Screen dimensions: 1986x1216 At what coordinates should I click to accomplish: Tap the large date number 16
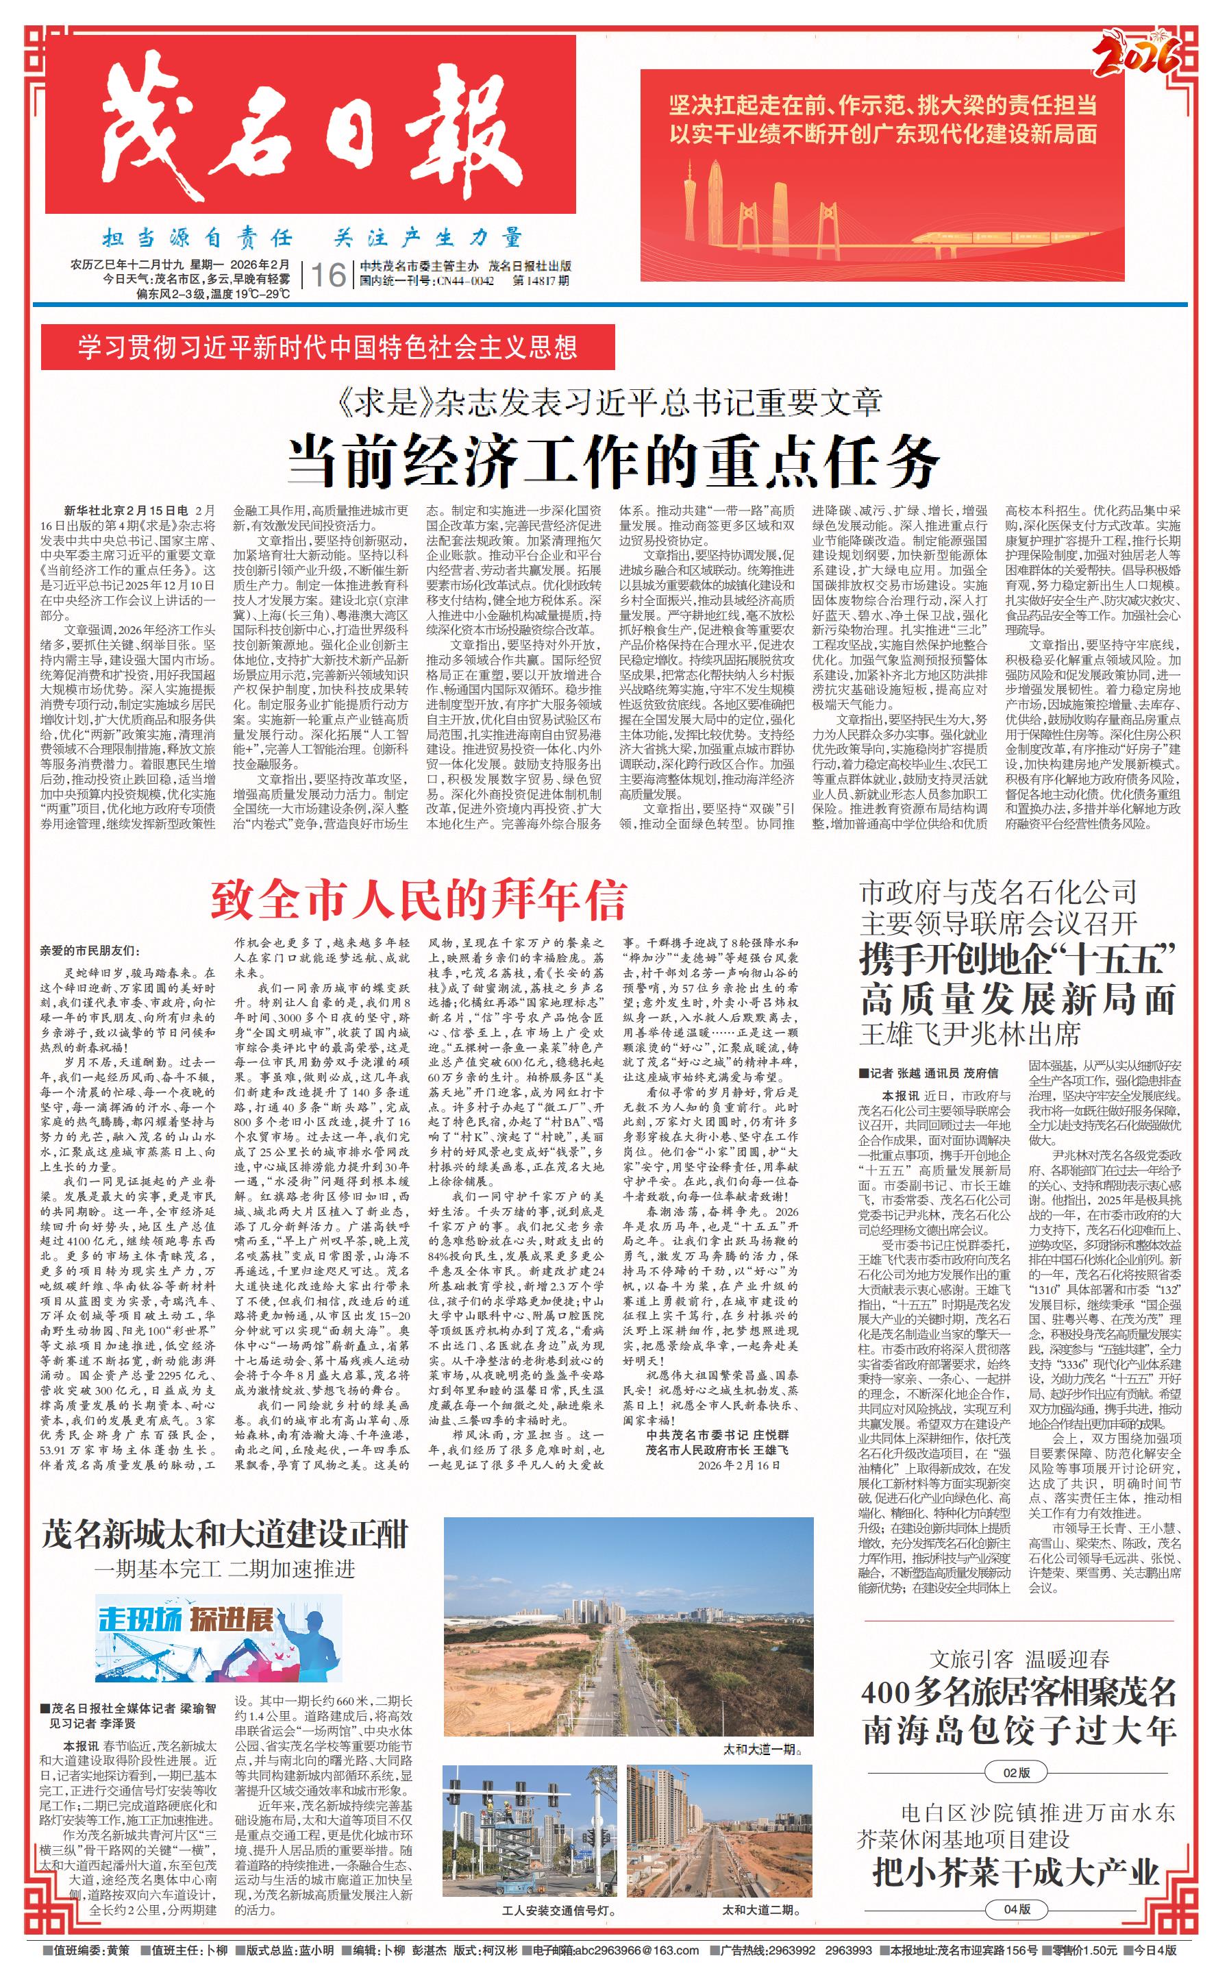[328, 275]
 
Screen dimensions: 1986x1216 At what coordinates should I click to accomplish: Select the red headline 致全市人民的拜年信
[418, 900]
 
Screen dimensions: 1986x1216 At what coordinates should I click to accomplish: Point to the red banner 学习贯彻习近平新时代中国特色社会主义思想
[327, 347]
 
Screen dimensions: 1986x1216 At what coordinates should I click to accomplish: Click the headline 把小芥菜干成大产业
[1015, 1872]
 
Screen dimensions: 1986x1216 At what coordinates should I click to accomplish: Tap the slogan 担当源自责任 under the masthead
[197, 238]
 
